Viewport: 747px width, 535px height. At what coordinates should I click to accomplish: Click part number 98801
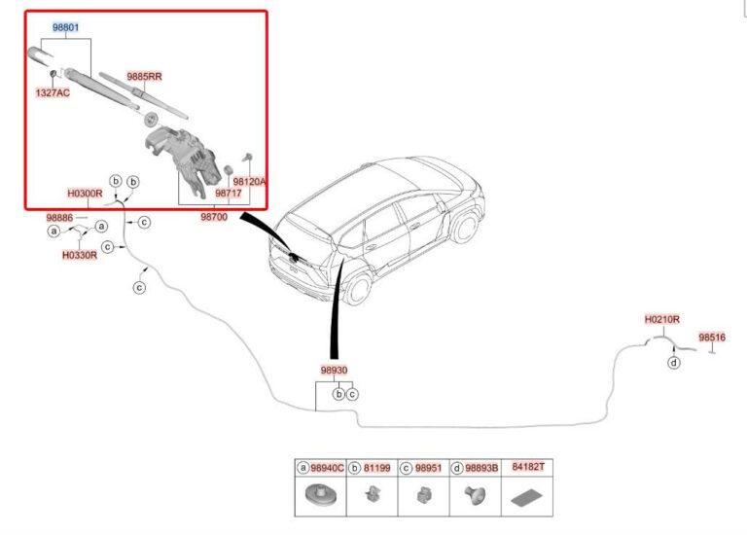[x=66, y=27]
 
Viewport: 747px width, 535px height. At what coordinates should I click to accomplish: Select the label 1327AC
[x=53, y=93]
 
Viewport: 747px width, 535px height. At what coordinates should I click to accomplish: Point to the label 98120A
[x=250, y=181]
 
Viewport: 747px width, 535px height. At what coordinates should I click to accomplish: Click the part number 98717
[x=230, y=195]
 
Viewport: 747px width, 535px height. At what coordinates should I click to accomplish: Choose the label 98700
[x=214, y=217]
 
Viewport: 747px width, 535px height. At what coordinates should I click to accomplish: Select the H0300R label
[x=85, y=194]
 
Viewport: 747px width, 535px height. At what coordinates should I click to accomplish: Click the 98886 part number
[x=59, y=217]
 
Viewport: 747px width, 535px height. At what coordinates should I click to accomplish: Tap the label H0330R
[x=79, y=255]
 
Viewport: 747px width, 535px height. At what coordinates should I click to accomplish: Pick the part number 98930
[x=334, y=371]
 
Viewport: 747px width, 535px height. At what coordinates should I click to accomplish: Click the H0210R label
[x=661, y=319]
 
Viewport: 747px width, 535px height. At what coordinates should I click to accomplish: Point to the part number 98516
[x=712, y=338]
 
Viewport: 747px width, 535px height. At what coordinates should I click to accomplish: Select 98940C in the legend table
[x=326, y=468]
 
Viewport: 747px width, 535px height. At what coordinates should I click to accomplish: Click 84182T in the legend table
[x=528, y=467]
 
